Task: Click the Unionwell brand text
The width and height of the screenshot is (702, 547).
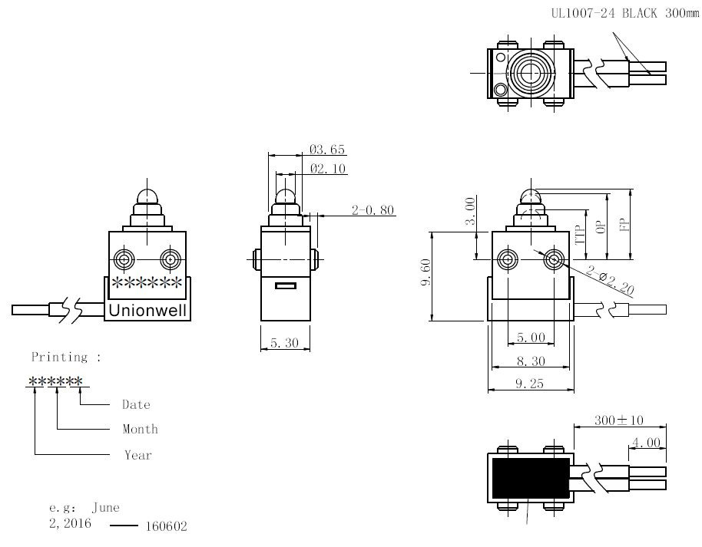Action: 147,311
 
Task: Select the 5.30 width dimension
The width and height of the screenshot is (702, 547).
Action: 284,343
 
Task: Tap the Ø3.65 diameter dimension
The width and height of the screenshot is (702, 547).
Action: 327,150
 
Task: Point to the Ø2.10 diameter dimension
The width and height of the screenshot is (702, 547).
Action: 328,169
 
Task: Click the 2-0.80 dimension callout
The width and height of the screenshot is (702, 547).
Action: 373,210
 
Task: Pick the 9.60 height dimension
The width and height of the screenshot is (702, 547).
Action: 426,272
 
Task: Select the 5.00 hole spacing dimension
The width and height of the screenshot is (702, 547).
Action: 531,338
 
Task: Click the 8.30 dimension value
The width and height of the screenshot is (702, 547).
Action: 531,361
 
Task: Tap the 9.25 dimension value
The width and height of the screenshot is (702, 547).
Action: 529,384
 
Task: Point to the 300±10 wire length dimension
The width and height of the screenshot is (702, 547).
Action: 619,420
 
